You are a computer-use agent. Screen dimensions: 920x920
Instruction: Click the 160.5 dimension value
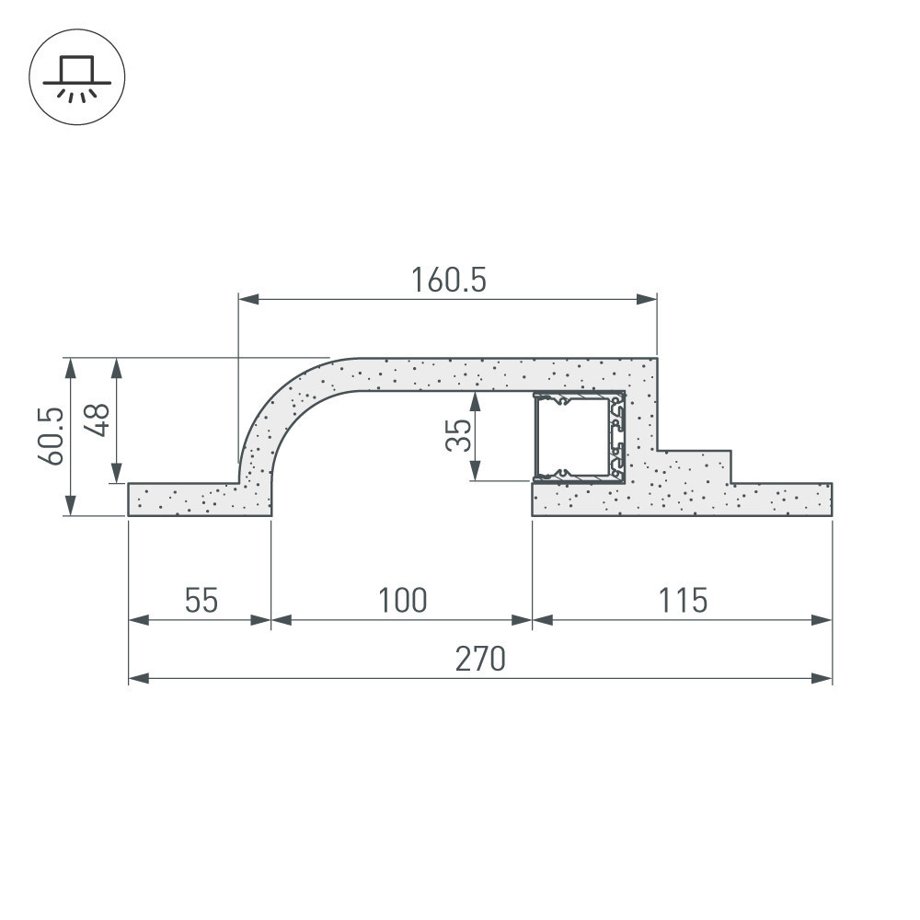449,280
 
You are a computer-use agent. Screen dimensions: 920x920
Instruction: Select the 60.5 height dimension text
52,436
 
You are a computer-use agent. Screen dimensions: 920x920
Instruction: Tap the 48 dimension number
98,420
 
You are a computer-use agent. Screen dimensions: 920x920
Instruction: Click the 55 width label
201,600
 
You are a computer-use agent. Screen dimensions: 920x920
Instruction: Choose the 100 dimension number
403,600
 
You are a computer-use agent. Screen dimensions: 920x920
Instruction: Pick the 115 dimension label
683,600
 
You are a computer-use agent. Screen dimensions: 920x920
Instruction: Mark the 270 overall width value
480,659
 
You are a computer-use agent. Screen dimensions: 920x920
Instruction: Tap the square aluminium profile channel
579,437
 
